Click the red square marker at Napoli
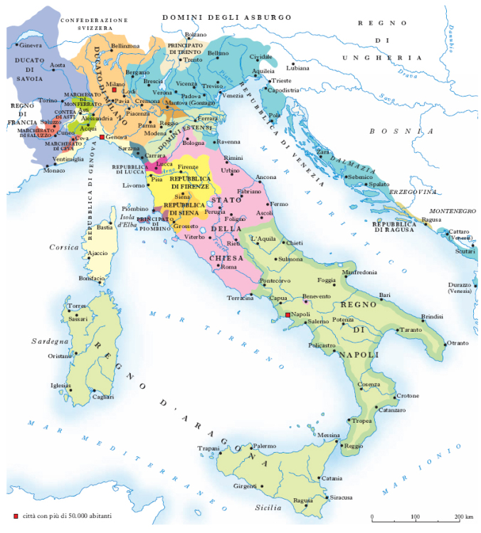point(287,314)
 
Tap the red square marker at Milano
point(114,92)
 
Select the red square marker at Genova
point(102,136)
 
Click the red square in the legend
point(16,515)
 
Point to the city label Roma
point(228,267)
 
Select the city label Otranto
point(457,343)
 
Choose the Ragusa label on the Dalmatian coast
point(431,220)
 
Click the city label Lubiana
point(299,68)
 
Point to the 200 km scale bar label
point(464,516)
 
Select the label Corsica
point(63,247)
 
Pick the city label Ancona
point(266,176)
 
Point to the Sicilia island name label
point(269,508)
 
